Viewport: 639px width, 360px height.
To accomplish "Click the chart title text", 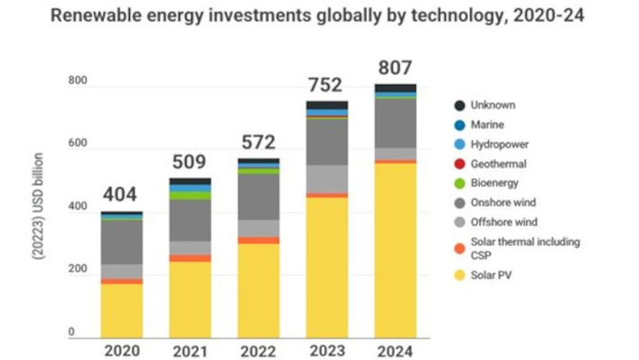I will (319, 17).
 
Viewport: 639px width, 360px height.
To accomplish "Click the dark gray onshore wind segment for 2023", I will (327, 141).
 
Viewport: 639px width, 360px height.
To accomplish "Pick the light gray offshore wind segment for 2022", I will (258, 228).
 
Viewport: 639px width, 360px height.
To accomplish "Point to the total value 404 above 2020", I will (121, 194).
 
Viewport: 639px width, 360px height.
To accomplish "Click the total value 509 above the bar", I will (190, 163).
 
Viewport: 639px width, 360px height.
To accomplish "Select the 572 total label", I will (258, 143).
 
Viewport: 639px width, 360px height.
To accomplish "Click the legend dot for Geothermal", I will (459, 164).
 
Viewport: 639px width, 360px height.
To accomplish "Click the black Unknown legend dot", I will (459, 105).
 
